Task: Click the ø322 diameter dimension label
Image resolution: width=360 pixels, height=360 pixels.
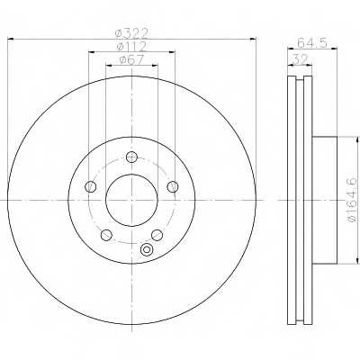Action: pos(131,33)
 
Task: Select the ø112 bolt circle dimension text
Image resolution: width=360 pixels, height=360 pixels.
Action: pos(131,46)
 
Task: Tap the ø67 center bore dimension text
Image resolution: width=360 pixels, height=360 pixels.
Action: pos(131,59)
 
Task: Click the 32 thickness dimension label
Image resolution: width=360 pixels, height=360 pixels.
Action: pos(301,58)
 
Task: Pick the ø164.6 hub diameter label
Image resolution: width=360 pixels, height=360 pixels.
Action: pos(352,200)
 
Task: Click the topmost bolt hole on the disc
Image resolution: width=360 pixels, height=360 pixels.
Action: pos(131,157)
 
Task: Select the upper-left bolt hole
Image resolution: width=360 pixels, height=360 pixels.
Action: pos(91,186)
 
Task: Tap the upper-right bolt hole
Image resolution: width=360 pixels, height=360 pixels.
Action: pos(173,186)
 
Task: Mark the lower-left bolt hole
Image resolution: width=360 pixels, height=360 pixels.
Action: pos(106,235)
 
